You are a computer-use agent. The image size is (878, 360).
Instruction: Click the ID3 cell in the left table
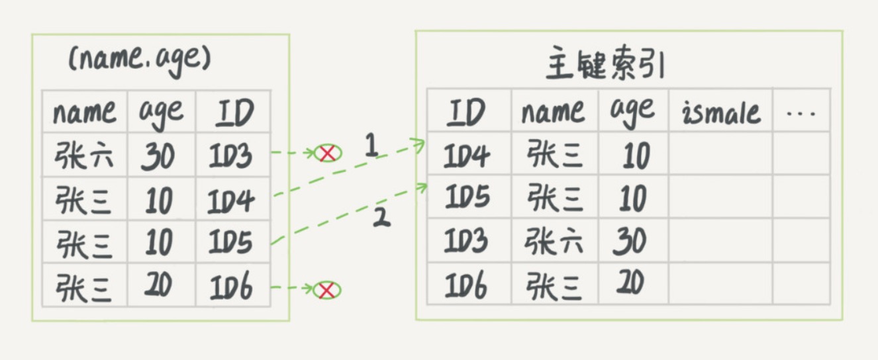[232, 156]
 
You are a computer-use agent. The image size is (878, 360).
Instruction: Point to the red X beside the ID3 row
[327, 154]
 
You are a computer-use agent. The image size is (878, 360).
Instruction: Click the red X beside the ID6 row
[326, 289]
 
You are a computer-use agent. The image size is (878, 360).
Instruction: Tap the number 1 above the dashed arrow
[371, 146]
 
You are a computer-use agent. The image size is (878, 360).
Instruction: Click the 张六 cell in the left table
[84, 156]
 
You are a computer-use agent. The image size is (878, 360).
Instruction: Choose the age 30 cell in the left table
[159, 156]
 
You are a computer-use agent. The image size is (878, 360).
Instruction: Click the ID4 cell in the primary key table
[467, 156]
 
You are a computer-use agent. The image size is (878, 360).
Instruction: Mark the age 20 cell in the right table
[632, 285]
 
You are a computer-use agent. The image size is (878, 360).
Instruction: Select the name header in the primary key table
[553, 112]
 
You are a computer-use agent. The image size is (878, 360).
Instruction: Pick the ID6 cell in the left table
[232, 287]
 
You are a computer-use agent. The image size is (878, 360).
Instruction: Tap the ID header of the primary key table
[467, 112]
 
